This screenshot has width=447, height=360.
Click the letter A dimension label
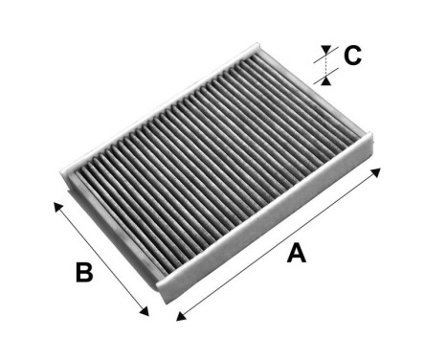pyautogui.click(x=297, y=254)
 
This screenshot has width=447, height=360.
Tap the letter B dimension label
pyautogui.click(x=84, y=273)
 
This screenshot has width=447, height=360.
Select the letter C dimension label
pyautogui.click(x=352, y=56)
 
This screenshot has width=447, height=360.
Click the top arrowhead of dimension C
pyautogui.click(x=326, y=49)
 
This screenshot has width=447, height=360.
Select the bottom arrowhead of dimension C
pyautogui.click(x=326, y=73)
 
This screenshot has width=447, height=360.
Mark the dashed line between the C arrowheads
pyautogui.click(x=326, y=61)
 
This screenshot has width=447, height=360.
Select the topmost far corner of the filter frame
pyautogui.click(x=257, y=41)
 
